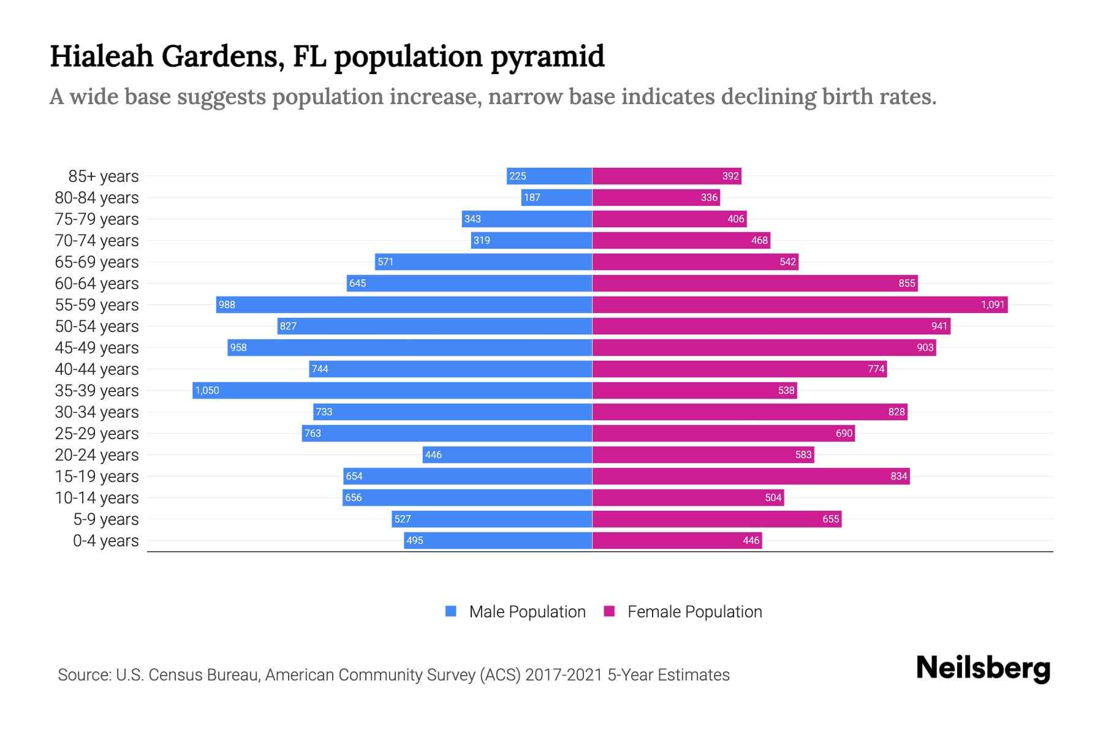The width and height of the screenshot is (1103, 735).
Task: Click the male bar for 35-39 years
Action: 392,390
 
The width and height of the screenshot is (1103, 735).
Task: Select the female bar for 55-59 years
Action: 800,304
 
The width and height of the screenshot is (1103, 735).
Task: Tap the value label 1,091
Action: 992,304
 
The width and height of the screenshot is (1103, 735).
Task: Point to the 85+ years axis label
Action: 103,176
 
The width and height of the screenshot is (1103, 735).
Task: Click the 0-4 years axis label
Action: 105,541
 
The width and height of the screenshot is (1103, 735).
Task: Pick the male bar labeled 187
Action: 556,197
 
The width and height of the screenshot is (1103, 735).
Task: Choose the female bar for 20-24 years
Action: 703,454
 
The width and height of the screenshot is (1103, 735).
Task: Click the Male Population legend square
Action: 451,611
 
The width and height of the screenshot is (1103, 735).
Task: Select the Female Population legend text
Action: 694,612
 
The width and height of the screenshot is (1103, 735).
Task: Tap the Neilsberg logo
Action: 983,668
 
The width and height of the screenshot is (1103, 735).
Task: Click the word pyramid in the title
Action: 547,57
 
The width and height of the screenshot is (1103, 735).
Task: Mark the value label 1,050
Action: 207,390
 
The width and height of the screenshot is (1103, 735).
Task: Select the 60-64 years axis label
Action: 97,284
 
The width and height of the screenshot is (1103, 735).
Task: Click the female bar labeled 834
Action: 751,476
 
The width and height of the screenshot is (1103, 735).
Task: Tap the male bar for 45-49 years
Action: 409,347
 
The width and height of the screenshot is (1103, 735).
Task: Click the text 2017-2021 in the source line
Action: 564,675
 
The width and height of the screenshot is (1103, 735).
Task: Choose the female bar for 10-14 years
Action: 688,497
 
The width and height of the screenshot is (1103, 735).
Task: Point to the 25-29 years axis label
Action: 97,434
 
